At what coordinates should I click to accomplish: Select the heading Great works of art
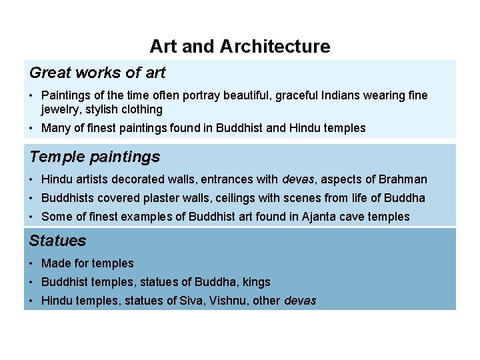point(97,72)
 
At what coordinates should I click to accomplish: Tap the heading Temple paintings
point(95,157)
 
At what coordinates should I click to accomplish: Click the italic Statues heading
point(58,241)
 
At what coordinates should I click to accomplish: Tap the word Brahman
point(403,179)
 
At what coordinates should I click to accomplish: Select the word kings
point(255,282)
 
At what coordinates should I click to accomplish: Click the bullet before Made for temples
point(32,263)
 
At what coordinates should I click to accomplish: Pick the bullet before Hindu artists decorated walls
point(32,179)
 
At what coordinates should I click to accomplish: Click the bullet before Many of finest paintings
point(32,128)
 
